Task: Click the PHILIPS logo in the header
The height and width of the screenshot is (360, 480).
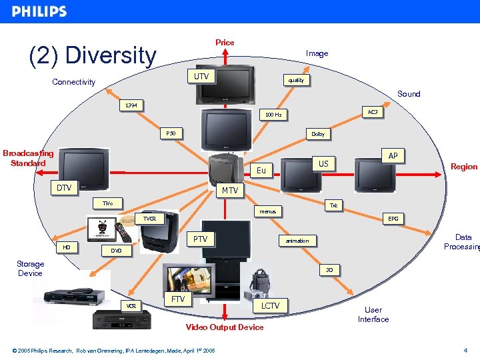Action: point(39,11)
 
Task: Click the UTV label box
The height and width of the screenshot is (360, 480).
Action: point(201,77)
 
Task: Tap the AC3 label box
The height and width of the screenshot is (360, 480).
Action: point(372,112)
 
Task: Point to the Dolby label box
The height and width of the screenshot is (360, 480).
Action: point(318,134)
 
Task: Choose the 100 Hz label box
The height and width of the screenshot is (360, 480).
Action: point(273,115)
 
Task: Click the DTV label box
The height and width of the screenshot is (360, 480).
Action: point(64,188)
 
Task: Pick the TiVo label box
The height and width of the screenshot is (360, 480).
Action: point(107,203)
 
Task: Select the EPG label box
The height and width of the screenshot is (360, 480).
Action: point(393,218)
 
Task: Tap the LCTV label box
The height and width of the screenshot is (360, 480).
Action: point(270,306)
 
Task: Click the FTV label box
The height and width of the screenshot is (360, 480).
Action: point(178,299)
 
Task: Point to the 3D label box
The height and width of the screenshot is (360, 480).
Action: point(329,270)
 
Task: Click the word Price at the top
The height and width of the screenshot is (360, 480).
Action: point(225,43)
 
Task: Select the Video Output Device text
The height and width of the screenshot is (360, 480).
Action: point(224,327)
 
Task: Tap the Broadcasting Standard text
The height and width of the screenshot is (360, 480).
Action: point(28,158)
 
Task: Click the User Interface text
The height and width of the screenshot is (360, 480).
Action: point(373,315)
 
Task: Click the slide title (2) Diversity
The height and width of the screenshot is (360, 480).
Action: point(93,55)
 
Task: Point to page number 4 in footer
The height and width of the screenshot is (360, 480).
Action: point(465,351)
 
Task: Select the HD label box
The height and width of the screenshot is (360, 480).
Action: point(67,247)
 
